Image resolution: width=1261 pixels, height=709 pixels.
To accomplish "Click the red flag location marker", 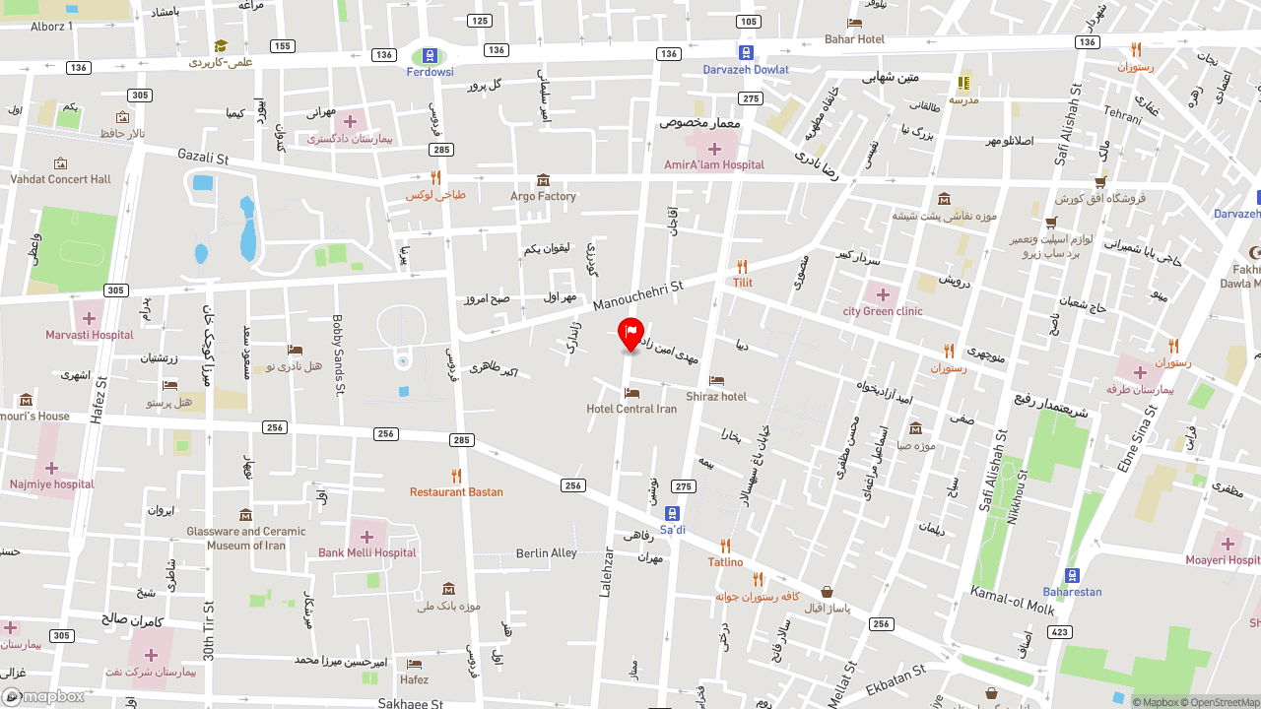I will [x=630, y=334].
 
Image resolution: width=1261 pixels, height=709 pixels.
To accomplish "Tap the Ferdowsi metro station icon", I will [x=430, y=56].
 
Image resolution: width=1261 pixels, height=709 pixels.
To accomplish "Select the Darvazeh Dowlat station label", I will [x=746, y=70].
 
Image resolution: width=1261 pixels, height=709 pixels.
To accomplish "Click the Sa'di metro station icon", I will [x=672, y=513].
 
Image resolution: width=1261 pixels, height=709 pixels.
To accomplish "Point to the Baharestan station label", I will [x=1072, y=592].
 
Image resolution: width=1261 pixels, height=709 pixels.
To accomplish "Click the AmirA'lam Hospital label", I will [x=714, y=164].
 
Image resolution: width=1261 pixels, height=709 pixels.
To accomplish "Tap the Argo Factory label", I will [x=543, y=196].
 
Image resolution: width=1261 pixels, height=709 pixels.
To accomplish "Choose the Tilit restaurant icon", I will [x=742, y=267].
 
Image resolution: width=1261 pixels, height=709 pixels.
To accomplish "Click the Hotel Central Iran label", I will [x=631, y=409].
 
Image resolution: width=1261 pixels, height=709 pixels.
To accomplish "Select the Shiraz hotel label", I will [x=716, y=397].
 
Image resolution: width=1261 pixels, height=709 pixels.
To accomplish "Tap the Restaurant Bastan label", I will [x=456, y=491].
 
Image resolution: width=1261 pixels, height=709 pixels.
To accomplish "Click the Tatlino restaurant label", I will [x=725, y=562].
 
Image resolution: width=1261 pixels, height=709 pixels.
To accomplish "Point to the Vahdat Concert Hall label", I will [x=61, y=179].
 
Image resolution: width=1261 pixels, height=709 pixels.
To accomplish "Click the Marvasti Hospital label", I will [x=89, y=335].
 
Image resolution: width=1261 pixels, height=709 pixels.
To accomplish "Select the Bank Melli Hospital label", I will [x=367, y=552].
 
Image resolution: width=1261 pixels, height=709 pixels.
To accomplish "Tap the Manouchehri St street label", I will [x=637, y=293].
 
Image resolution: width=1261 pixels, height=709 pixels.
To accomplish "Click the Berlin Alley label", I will [x=547, y=553].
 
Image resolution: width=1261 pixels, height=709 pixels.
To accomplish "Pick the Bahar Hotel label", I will [x=854, y=39].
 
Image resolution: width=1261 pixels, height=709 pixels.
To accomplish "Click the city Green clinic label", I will [x=883, y=311].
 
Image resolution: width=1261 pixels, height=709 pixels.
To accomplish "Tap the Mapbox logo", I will [x=43, y=697].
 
